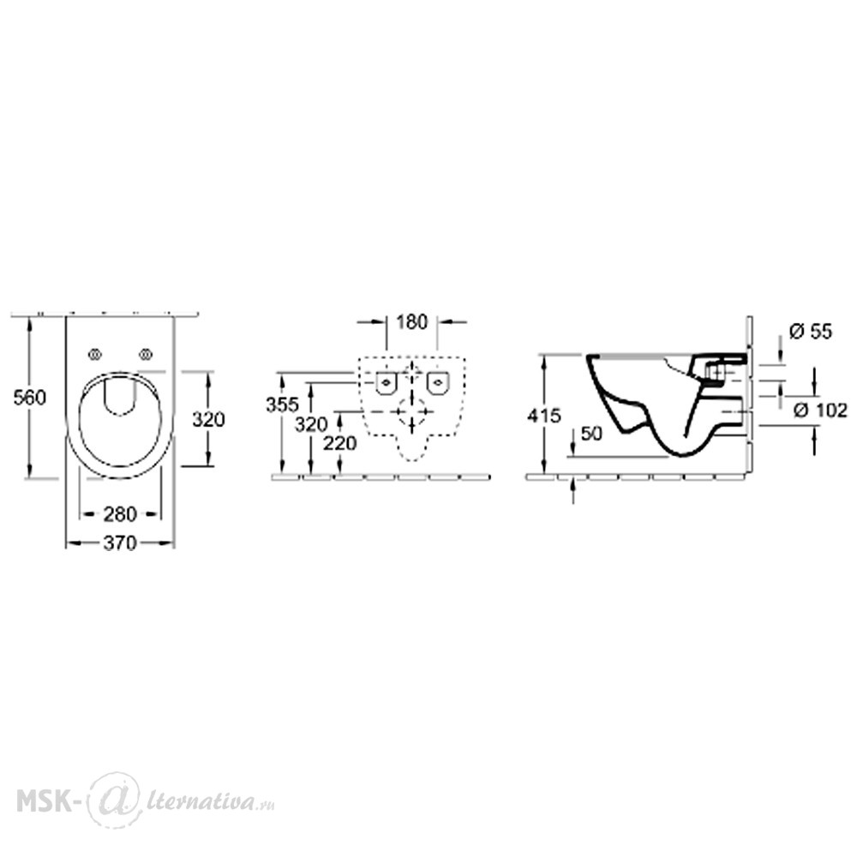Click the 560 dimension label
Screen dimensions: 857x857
29,398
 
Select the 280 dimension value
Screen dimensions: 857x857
120,514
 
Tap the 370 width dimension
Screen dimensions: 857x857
120,543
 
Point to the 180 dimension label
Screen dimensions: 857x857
411,322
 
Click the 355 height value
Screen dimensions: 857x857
282,405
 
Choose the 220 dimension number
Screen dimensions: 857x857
339,443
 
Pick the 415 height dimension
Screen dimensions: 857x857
544,416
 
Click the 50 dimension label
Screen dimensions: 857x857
590,434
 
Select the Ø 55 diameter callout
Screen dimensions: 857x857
811,331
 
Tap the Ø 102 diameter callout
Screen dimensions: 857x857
820,410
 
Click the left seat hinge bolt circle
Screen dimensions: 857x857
95,355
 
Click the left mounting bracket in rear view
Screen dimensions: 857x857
386,382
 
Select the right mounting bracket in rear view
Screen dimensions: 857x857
438,382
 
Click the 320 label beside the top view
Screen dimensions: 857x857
208,420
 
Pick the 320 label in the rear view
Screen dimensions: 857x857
311,424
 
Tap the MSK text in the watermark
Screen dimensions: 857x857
41,801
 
